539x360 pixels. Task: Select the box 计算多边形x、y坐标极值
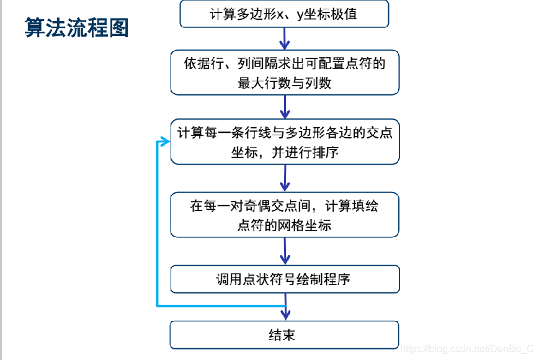tap(285, 14)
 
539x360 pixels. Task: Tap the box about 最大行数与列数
tap(285, 73)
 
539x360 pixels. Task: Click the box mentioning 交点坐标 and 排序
tap(285, 142)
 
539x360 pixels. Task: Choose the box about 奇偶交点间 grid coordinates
tap(285, 215)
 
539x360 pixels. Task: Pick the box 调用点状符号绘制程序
tap(285, 279)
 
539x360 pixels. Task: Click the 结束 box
tap(285, 335)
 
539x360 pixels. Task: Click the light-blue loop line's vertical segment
tap(156, 223)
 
